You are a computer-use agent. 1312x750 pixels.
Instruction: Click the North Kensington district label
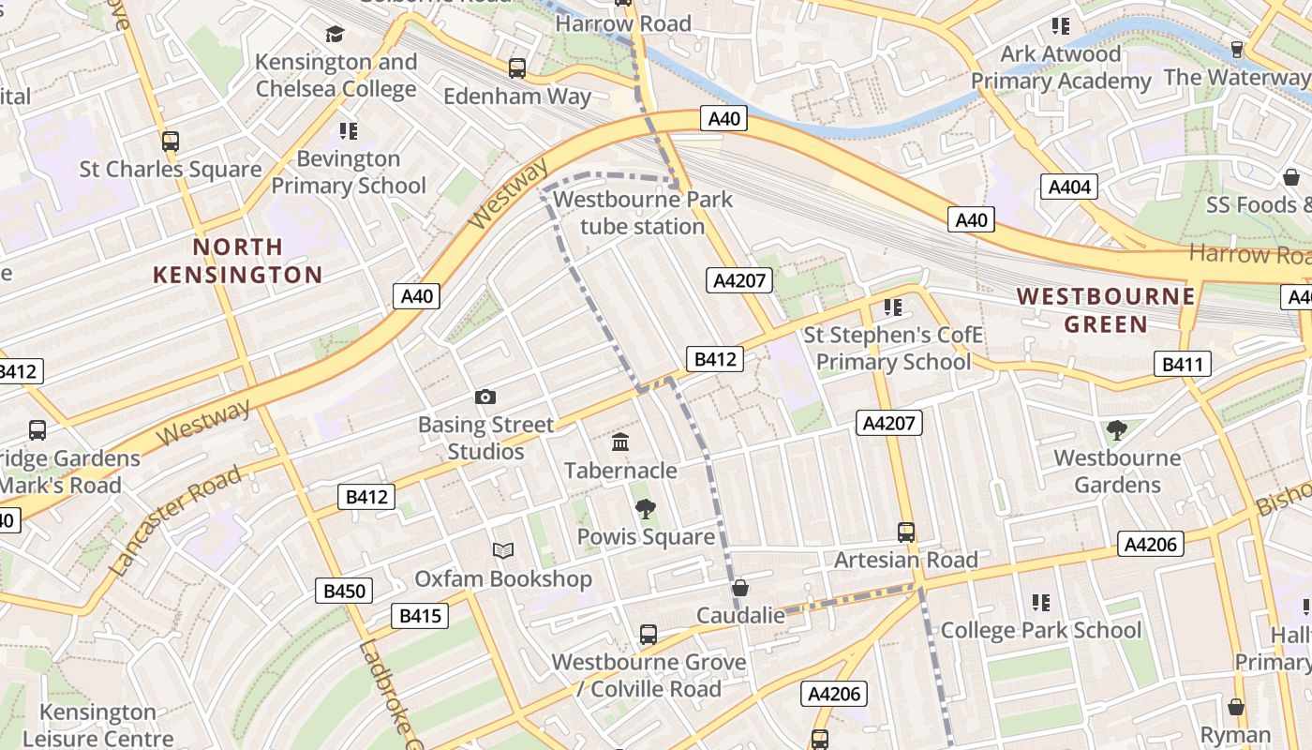[x=238, y=261]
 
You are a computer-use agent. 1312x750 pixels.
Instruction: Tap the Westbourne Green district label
[x=1106, y=310]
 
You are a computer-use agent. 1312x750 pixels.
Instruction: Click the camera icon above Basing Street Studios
[x=485, y=397]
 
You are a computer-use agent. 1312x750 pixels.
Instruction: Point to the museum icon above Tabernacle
[x=619, y=442]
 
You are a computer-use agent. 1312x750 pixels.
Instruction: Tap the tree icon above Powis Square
[x=645, y=509]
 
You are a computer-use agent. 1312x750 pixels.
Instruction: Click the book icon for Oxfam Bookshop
[x=503, y=551]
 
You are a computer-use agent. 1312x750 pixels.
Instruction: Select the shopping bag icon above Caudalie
[x=740, y=588]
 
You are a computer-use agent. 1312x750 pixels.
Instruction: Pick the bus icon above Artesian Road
[x=906, y=532]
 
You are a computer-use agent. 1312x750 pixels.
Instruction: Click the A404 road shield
[x=1069, y=187]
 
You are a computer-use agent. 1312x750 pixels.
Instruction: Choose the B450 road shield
[x=344, y=591]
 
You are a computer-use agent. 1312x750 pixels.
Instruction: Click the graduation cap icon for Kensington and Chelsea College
[x=335, y=35]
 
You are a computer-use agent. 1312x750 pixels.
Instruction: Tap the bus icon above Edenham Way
[x=517, y=67]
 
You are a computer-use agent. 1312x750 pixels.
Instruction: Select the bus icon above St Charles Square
[x=170, y=142]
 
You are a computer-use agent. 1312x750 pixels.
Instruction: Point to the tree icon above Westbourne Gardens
[x=1116, y=430]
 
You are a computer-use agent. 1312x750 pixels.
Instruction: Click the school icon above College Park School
[x=1040, y=602]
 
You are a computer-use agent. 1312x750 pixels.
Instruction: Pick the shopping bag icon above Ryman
[x=1236, y=707]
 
